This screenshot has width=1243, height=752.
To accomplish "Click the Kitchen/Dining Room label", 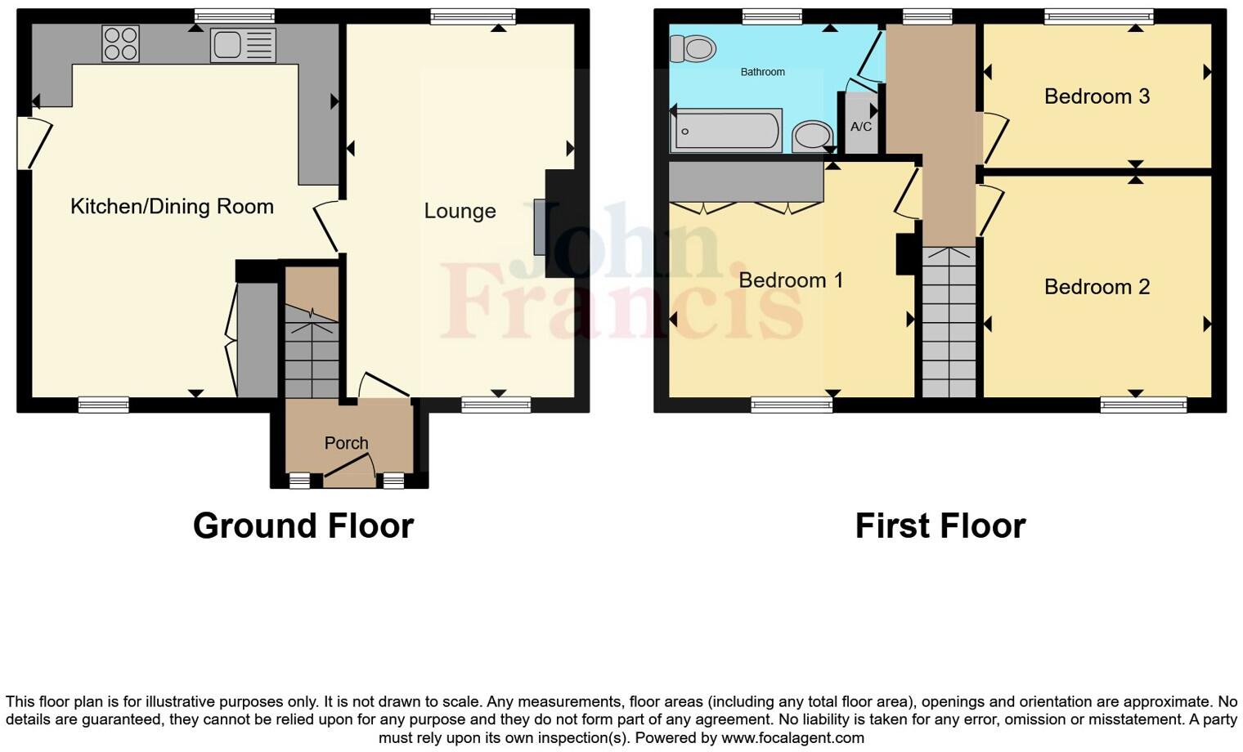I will (172, 206).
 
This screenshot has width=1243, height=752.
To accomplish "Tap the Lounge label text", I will (460, 211).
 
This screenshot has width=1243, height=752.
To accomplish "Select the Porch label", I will (346, 443).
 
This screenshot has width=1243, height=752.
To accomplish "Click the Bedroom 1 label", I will (790, 280).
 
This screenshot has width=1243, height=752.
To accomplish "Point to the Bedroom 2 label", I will (1097, 287).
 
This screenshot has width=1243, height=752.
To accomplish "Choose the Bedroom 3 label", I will (1097, 96).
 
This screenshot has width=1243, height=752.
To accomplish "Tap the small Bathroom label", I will (762, 72).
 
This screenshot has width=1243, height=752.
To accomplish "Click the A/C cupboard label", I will (861, 127).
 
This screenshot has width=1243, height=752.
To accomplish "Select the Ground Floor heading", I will (303, 526).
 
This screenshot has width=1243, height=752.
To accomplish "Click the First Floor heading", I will (940, 526).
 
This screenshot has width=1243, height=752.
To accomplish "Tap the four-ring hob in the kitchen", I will (120, 43).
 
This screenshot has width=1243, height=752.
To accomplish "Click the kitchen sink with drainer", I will (243, 45).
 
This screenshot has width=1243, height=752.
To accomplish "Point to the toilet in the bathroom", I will (693, 49).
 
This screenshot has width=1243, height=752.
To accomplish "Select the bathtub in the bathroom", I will (726, 132).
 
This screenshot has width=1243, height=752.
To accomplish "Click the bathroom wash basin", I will (812, 136).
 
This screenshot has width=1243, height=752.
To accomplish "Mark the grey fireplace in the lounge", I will (540, 226).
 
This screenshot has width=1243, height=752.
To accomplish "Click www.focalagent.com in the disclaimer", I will (792, 738).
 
